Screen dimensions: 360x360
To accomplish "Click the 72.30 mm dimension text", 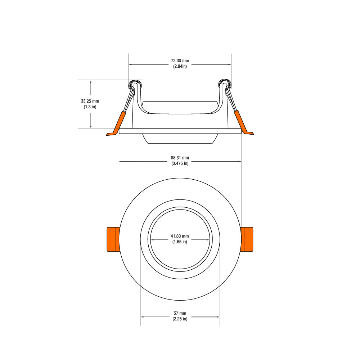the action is coord(180,60).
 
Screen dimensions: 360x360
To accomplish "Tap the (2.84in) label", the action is coord(180,66).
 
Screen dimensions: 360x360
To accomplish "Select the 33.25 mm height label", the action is coord(90,101).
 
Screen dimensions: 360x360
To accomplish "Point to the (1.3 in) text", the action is coord(90,107).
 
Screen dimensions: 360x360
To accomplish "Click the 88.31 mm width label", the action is coord(180,158).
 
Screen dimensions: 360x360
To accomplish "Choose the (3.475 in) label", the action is coord(180,163).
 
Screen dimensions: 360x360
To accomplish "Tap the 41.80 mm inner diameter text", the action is coord(180,236).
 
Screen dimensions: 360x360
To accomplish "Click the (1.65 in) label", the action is coord(180,242).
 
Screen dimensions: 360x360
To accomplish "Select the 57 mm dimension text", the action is coord(180,313).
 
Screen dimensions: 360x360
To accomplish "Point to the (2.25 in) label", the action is coord(180,319).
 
